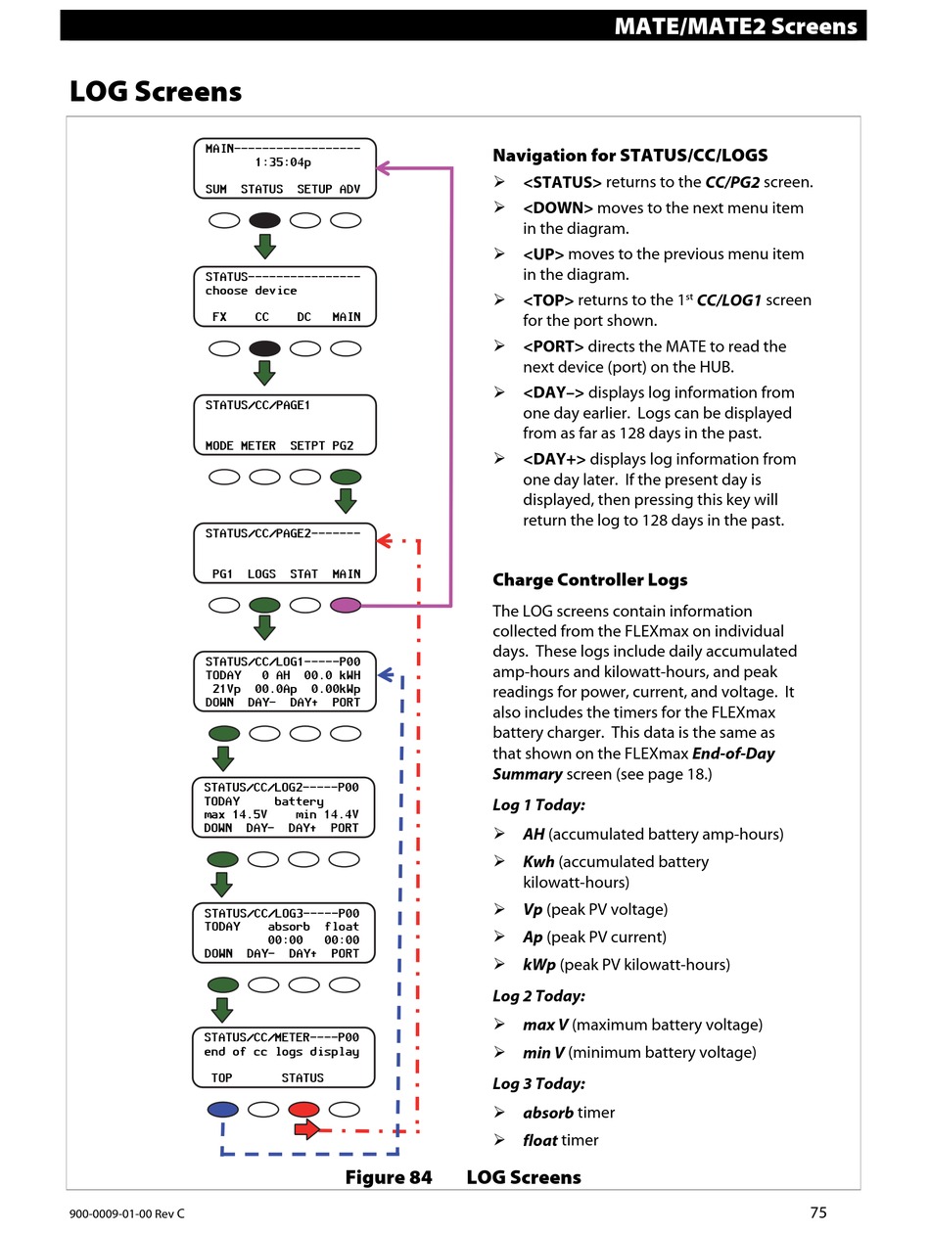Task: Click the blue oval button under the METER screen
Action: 222,1110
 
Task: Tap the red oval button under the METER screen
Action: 303,1110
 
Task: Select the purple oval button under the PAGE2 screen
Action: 345,605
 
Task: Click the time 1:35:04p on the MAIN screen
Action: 283,162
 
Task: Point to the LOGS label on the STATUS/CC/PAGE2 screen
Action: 261,573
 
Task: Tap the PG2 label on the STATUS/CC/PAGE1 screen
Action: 343,445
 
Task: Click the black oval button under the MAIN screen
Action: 264,220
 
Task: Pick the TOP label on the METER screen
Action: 221,1077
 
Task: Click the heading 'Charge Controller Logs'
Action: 589,579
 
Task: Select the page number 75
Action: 817,1212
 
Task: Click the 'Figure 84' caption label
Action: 389,1177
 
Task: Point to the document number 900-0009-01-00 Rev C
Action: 126,1213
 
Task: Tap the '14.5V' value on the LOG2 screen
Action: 250,814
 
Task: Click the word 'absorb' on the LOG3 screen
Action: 288,927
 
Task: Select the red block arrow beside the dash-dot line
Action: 307,1129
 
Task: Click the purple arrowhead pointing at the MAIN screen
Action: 383,167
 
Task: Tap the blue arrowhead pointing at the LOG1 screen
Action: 386,674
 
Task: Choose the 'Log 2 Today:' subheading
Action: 538,996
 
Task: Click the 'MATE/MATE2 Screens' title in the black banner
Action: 735,25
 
